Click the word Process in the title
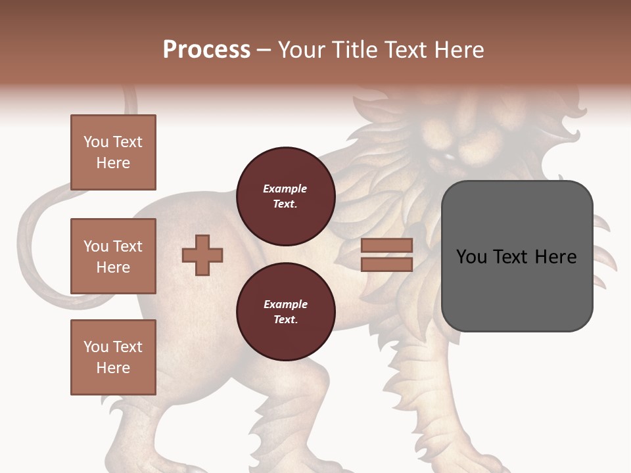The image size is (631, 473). point(206,50)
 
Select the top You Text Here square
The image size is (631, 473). point(113,152)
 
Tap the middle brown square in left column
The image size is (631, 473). point(113,256)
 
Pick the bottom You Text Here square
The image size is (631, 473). point(113,357)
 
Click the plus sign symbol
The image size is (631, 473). point(202,255)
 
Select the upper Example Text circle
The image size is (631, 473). point(285,196)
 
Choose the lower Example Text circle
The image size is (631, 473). point(285,312)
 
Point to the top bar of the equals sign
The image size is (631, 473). point(386,246)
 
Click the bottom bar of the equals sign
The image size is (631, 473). point(386,264)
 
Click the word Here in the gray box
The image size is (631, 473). point(555,257)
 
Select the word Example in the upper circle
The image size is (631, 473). point(285,189)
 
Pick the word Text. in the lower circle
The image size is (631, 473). point(285,320)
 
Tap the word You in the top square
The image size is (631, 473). point(96,142)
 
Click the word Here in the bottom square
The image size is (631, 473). point(113,368)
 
